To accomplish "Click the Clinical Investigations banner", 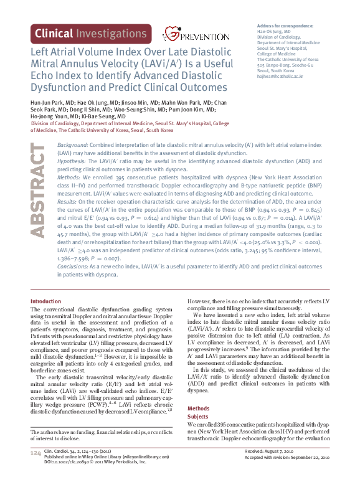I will tap(91, 34).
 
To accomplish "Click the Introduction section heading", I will tap(46, 301).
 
